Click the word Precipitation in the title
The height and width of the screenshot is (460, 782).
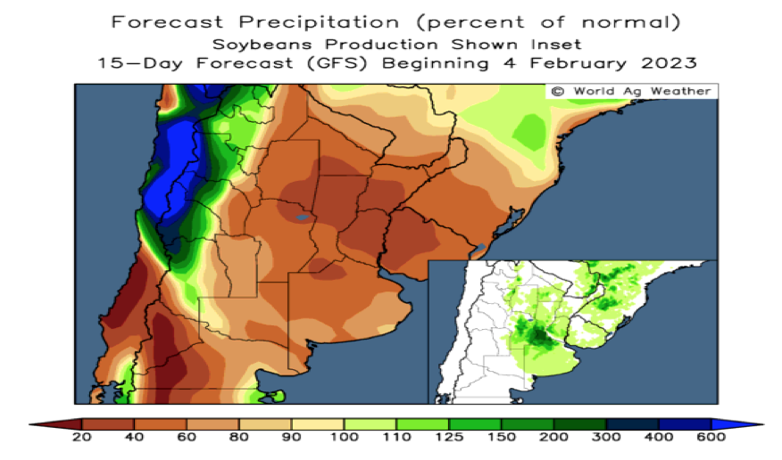[319, 23]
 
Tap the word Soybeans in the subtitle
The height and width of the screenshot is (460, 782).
[262, 45]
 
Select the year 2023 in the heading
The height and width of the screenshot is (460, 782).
[669, 63]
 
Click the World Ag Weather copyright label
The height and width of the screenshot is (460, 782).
[631, 91]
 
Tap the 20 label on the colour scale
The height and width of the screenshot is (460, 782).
[82, 437]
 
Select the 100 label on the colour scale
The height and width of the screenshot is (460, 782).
[344, 437]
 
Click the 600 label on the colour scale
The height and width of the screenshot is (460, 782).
[711, 437]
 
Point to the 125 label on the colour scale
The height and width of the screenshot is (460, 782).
[448, 437]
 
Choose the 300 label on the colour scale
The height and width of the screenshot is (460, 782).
[606, 437]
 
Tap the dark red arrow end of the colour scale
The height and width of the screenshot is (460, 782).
[55, 424]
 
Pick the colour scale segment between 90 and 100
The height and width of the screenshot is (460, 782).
[318, 424]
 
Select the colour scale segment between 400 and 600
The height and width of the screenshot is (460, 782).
[685, 424]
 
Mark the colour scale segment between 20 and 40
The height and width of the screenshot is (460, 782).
[108, 424]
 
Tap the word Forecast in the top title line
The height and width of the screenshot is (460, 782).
[167, 22]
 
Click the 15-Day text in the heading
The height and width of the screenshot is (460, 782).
[139, 63]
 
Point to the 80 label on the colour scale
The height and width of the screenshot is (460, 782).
[239, 437]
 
